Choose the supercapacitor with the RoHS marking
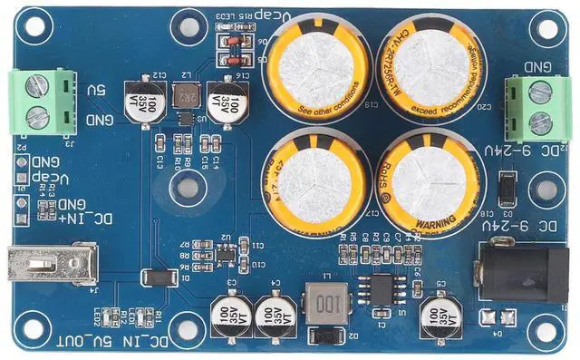click(x=421, y=179)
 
